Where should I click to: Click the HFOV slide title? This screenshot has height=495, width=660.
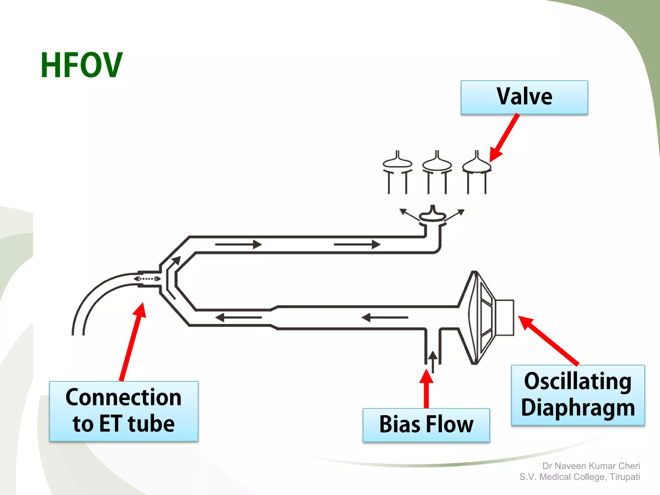pos(82,65)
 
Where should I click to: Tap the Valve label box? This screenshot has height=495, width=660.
pos(524,97)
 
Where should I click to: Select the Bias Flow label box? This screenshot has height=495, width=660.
pos(426,424)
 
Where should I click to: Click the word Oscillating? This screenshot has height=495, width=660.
pos(577,382)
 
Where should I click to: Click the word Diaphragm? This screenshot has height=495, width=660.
pos(578,408)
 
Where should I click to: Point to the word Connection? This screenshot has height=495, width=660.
pos(123,397)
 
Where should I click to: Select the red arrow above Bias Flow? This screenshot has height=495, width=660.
pos(426,388)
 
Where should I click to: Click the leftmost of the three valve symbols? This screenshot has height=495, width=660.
pos(397,172)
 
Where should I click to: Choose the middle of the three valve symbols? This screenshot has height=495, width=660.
pos(437,172)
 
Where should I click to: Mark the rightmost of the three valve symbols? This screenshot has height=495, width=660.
pos(477,172)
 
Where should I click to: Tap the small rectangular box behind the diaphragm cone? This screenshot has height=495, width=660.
pos(505,318)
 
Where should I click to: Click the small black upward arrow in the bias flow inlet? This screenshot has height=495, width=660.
pos(433,361)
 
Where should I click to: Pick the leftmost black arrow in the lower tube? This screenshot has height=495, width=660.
pos(238,318)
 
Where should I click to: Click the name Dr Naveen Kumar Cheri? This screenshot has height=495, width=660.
pos(591,466)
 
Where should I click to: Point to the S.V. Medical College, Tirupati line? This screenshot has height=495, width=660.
pos(579,477)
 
